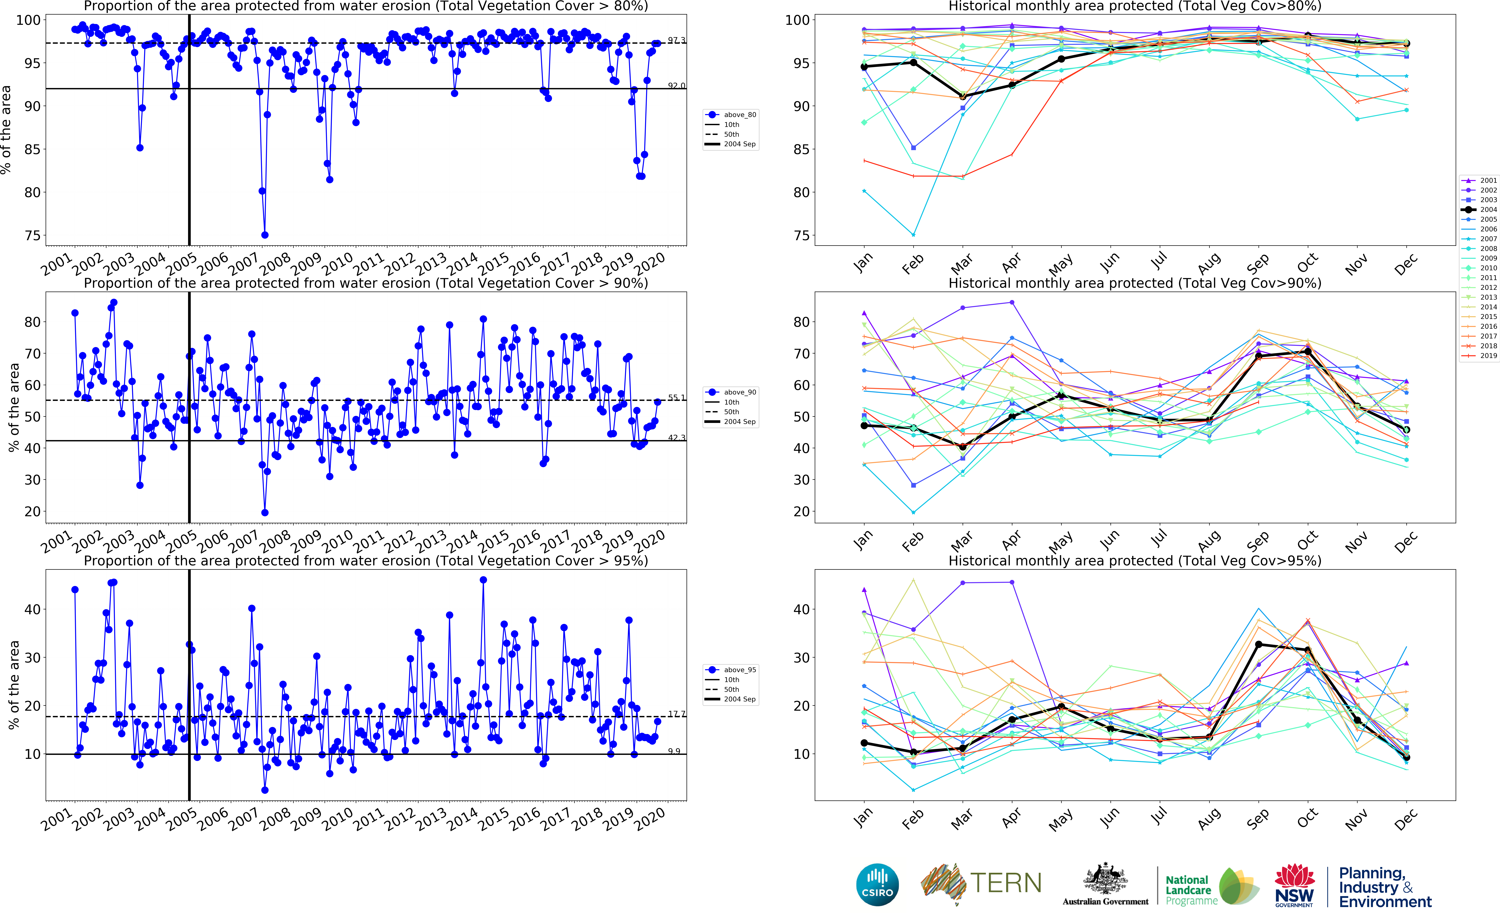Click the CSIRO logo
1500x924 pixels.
tap(877, 884)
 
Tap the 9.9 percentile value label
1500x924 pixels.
tap(674, 751)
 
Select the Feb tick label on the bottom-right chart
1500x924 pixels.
tap(912, 819)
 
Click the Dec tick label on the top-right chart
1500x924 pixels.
tap(1405, 264)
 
